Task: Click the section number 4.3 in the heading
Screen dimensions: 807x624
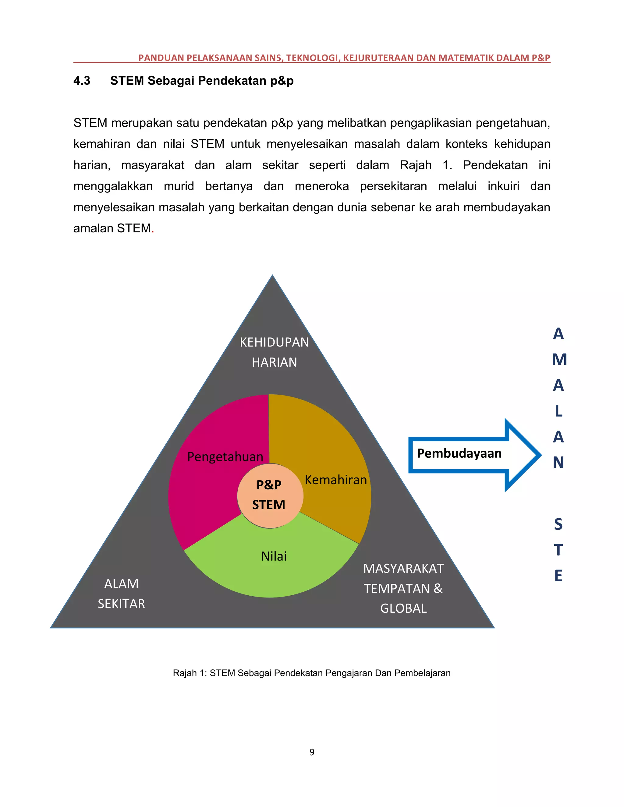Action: click(x=82, y=81)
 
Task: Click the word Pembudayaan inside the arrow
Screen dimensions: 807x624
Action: click(x=459, y=453)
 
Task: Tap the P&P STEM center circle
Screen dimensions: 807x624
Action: click(x=269, y=495)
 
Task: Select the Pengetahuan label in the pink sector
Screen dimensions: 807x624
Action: click(x=225, y=457)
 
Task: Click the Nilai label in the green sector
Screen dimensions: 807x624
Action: click(x=274, y=556)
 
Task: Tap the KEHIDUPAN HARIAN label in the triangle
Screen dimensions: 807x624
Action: click(x=274, y=352)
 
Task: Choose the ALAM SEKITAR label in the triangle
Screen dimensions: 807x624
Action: click(x=121, y=594)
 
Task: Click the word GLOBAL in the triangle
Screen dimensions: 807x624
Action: click(x=403, y=608)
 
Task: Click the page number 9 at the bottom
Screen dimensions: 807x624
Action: click(x=312, y=752)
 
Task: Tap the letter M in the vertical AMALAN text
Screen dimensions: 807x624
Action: click(x=559, y=360)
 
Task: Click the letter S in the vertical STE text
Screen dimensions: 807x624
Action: click(x=558, y=524)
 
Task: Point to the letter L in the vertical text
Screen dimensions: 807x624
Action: click(x=558, y=411)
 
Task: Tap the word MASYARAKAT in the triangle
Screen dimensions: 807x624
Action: click(x=403, y=569)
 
